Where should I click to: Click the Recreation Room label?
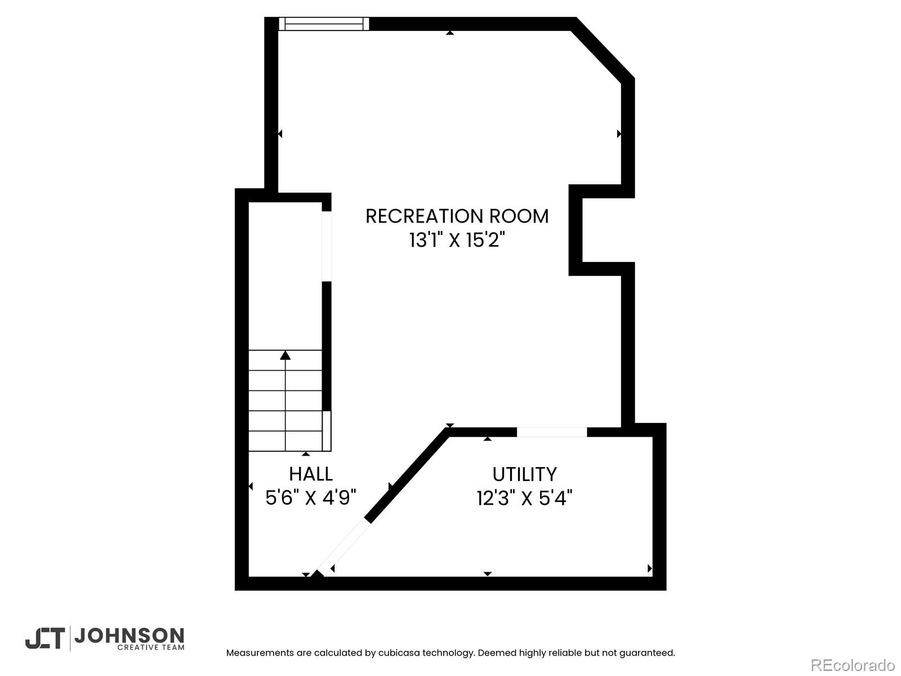click(457, 216)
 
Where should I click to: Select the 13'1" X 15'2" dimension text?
click(457, 240)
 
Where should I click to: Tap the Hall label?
click(311, 474)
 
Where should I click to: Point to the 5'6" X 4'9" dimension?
click(311, 499)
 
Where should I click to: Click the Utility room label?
click(525, 474)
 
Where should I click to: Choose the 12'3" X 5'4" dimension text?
click(525, 499)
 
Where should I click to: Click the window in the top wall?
click(324, 24)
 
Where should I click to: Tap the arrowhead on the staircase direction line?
click(286, 355)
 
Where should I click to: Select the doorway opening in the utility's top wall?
click(552, 432)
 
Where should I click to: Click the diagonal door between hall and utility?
click(343, 548)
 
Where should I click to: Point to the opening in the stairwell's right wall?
click(326, 246)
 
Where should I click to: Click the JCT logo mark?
click(44, 639)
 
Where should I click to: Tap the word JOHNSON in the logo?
click(130, 636)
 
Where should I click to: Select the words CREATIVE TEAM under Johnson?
click(151, 648)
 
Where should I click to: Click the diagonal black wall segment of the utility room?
click(407, 475)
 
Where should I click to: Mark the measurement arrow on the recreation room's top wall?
click(450, 33)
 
